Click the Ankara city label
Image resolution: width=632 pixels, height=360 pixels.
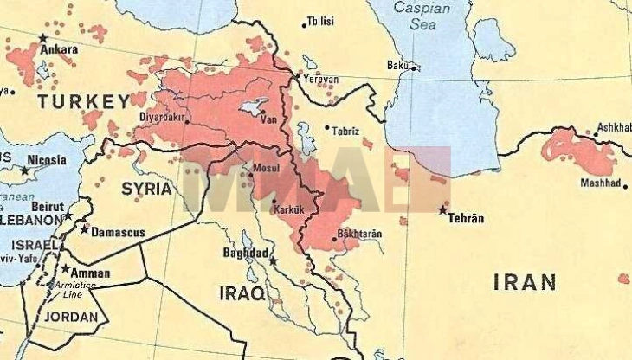click(x=60, y=49)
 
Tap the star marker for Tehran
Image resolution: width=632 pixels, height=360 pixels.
click(x=443, y=209)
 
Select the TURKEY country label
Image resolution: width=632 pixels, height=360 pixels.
click(x=82, y=102)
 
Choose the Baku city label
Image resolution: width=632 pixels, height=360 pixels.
click(x=397, y=65)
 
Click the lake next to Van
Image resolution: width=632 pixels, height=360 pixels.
click(x=252, y=106)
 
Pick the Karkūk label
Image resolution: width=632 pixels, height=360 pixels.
click(x=286, y=209)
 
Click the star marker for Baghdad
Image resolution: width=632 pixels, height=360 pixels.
click(x=273, y=260)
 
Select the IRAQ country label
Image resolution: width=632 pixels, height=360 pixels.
click(x=241, y=292)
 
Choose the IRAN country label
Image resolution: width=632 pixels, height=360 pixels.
click(x=525, y=281)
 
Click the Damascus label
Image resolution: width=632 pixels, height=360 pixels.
click(x=117, y=232)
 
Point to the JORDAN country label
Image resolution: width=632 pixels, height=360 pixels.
click(x=71, y=317)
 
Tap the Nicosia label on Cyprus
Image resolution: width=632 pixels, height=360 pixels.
click(x=46, y=160)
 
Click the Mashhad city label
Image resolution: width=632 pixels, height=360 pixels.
click(x=598, y=184)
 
